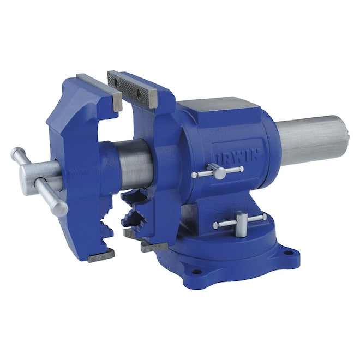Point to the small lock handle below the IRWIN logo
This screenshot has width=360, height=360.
218,172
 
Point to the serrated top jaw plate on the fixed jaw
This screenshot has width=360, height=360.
132,87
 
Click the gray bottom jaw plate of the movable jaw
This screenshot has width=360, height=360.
100,255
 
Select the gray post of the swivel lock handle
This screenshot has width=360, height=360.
240,227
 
